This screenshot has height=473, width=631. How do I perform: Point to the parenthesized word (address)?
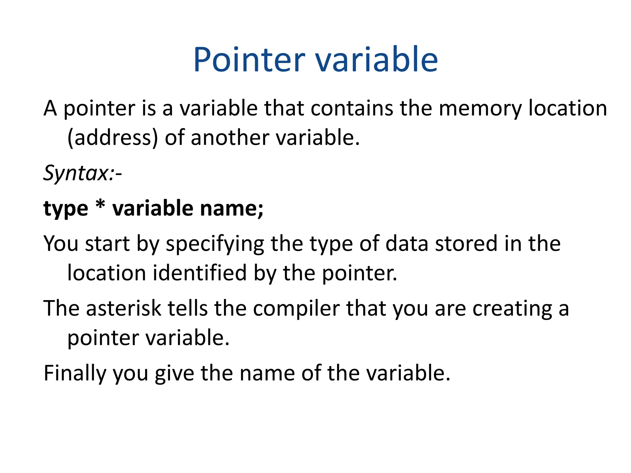pyautogui.click(x=112, y=138)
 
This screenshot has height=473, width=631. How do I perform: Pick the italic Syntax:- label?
pyautogui.click(x=83, y=173)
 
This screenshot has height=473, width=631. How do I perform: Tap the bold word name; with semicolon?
pyautogui.click(x=232, y=208)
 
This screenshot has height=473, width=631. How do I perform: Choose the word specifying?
pyautogui.click(x=215, y=244)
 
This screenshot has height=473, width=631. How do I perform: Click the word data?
pyautogui.click(x=407, y=243)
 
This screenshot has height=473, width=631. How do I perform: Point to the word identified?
pyautogui.click(x=200, y=273)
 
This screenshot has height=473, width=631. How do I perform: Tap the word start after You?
pyautogui.click(x=107, y=243)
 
